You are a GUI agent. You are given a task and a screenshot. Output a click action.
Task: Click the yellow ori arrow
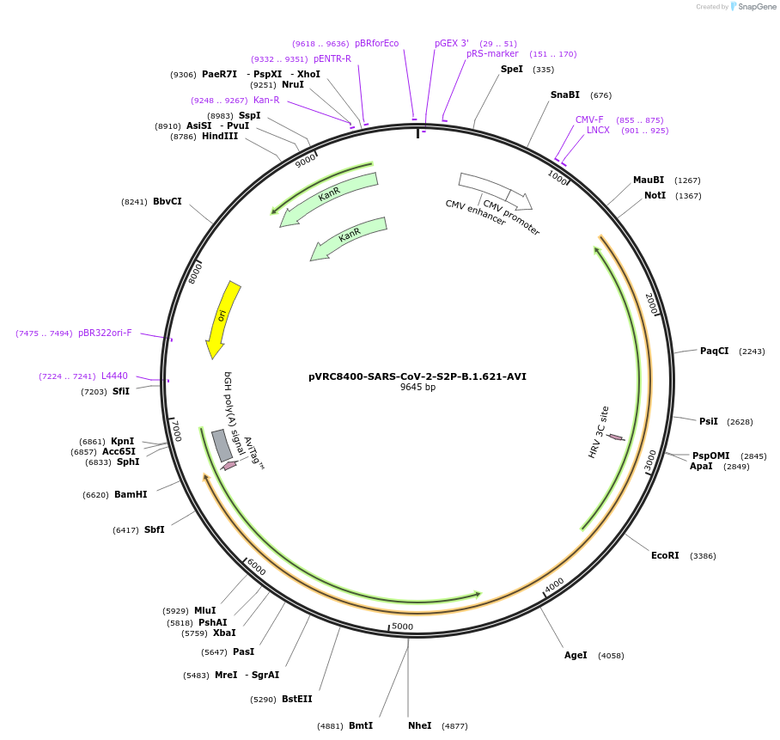222,319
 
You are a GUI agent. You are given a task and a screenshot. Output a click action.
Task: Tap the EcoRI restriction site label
665,555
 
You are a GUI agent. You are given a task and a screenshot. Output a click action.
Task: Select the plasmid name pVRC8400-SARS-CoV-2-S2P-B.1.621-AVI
417,376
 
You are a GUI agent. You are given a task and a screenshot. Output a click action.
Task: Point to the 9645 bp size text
417,388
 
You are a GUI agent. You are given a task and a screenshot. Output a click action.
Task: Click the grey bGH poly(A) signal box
222,445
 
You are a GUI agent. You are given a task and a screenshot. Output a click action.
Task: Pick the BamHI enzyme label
131,494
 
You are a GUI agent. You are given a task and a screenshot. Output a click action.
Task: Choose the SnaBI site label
565,95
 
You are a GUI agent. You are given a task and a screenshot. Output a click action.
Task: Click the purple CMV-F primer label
589,119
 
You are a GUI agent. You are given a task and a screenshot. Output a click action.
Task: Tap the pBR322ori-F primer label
105,333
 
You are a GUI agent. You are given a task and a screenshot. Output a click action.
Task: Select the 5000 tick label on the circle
402,627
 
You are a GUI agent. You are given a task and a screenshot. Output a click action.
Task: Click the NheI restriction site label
420,725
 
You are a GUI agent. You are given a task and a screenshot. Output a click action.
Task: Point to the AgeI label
576,655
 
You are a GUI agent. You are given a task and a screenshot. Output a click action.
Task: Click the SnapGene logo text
757,7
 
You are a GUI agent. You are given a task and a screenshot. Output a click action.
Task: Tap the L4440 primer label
114,376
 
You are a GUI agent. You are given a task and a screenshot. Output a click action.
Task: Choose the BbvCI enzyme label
168,201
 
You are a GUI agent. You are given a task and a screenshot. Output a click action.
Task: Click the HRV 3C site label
599,431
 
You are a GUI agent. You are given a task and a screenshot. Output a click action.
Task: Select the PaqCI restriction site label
714,351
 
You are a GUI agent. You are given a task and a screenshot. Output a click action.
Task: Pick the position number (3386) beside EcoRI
703,556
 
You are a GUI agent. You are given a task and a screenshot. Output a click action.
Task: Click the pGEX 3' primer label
452,43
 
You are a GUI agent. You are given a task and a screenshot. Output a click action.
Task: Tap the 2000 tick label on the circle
651,303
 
